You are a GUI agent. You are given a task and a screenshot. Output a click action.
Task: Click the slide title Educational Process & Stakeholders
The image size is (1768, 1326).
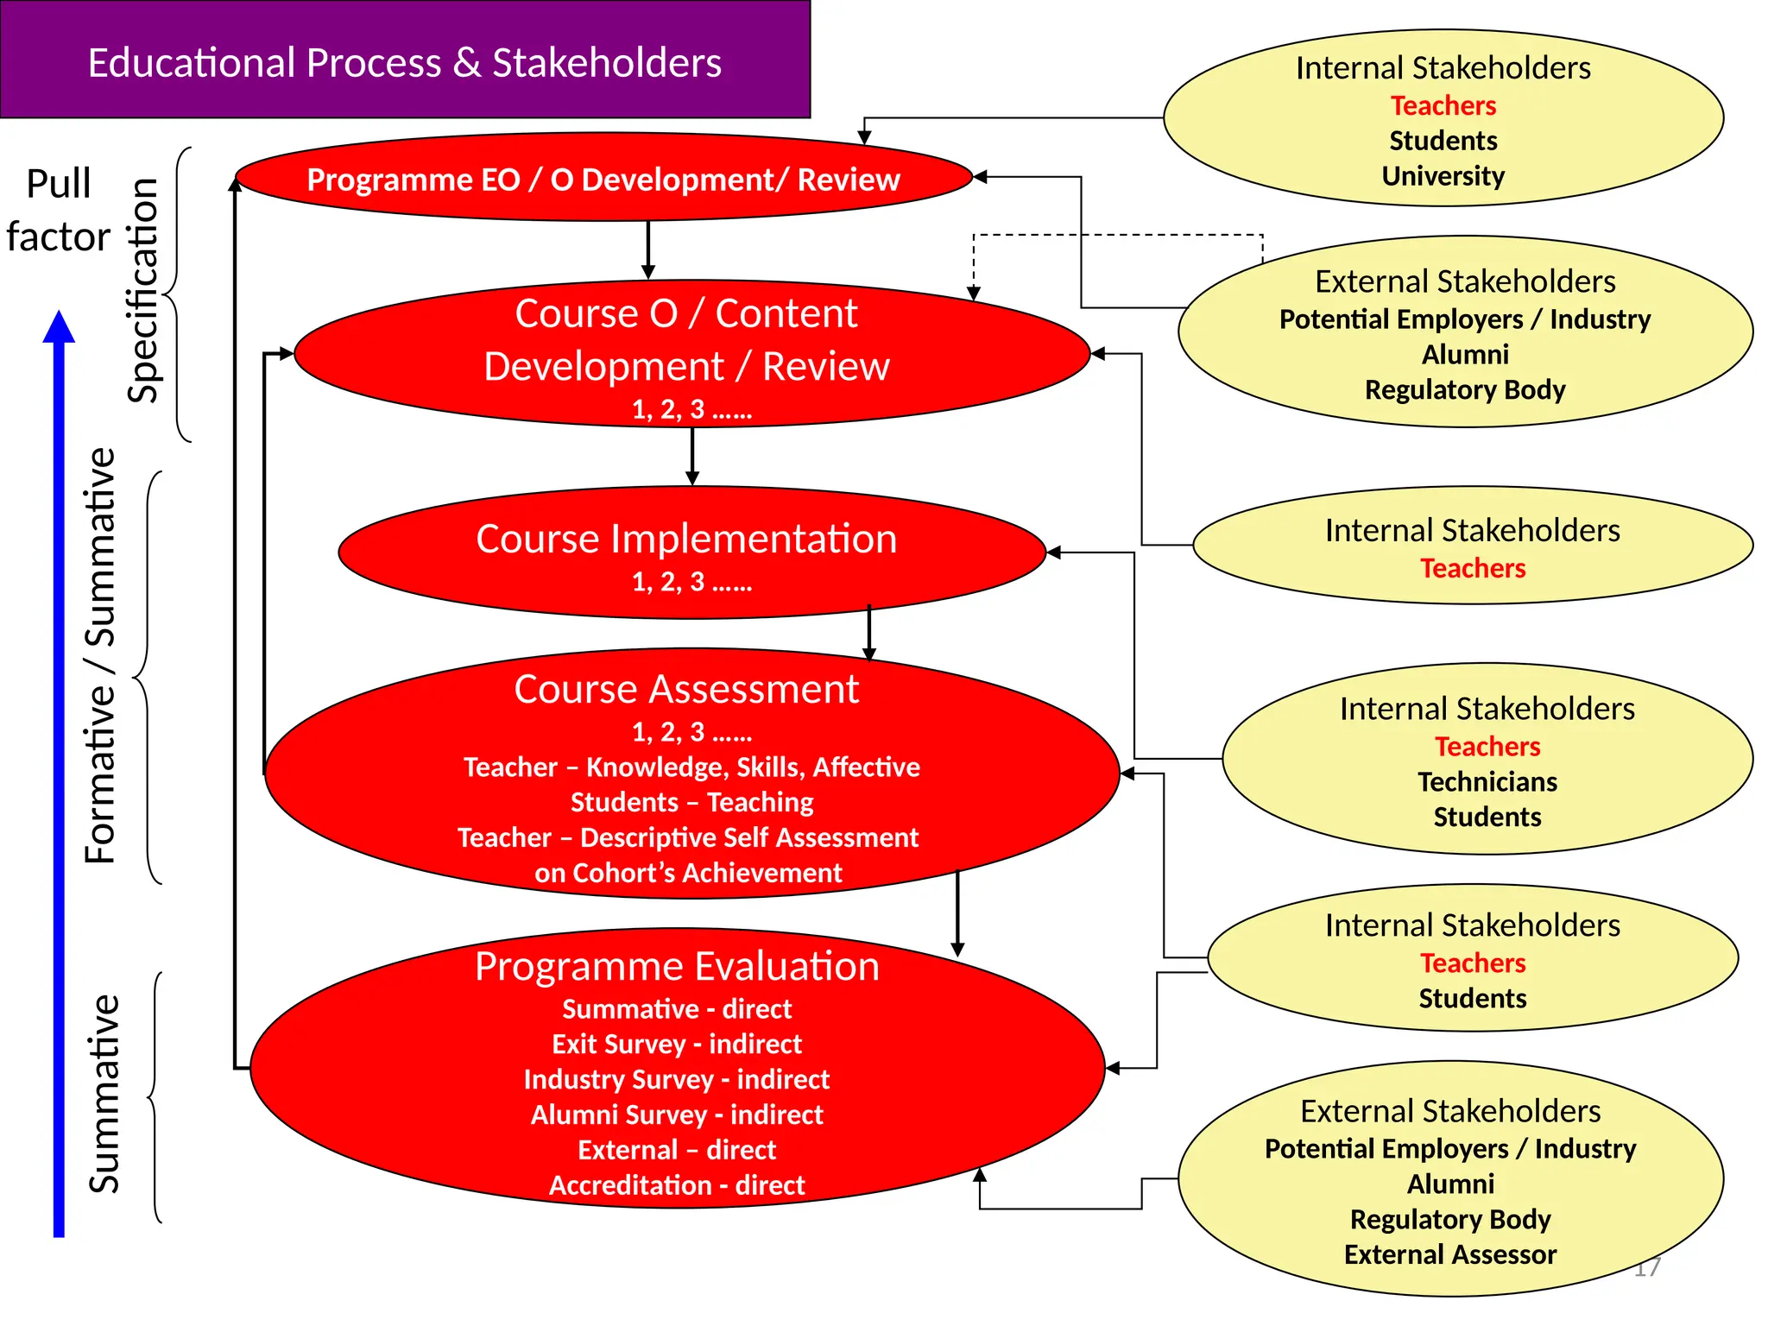click(x=404, y=63)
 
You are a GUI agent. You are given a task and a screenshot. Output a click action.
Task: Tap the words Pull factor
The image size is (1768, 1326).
click(x=58, y=210)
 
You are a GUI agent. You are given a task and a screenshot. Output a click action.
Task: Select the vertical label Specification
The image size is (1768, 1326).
click(x=144, y=291)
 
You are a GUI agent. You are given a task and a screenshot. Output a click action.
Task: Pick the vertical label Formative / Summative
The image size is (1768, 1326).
click(x=100, y=656)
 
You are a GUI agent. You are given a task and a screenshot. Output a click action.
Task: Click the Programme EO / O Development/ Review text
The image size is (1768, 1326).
click(x=603, y=180)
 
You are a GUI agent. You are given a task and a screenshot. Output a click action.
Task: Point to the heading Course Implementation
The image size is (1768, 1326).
click(x=686, y=539)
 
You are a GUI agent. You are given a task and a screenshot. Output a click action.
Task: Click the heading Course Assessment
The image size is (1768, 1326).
click(x=686, y=689)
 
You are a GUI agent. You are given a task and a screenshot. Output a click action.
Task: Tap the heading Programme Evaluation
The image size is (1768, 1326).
click(x=677, y=966)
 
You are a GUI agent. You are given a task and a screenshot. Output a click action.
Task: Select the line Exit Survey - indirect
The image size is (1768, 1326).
click(x=677, y=1044)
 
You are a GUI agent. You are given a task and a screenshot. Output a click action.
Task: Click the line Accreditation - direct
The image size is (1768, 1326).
click(x=677, y=1185)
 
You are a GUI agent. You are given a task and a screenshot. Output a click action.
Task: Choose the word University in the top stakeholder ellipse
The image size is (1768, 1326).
click(x=1443, y=176)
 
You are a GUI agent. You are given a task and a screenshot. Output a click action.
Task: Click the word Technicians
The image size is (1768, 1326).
click(x=1487, y=781)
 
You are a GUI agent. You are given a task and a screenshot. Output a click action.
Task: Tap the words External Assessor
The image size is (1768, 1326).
click(x=1450, y=1254)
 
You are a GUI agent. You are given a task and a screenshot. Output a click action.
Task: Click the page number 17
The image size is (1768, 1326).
click(x=1647, y=1267)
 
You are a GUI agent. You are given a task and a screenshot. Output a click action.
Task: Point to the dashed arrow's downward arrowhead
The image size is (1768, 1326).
click(x=973, y=294)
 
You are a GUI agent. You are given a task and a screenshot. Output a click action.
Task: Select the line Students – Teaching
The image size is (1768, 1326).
click(x=691, y=802)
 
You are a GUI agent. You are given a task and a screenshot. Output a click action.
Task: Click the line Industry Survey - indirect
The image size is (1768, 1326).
click(x=677, y=1079)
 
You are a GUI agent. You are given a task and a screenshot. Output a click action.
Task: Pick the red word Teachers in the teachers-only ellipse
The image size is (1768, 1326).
click(x=1473, y=568)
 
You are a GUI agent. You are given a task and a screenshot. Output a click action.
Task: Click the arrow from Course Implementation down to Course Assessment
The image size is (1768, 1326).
click(x=869, y=635)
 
